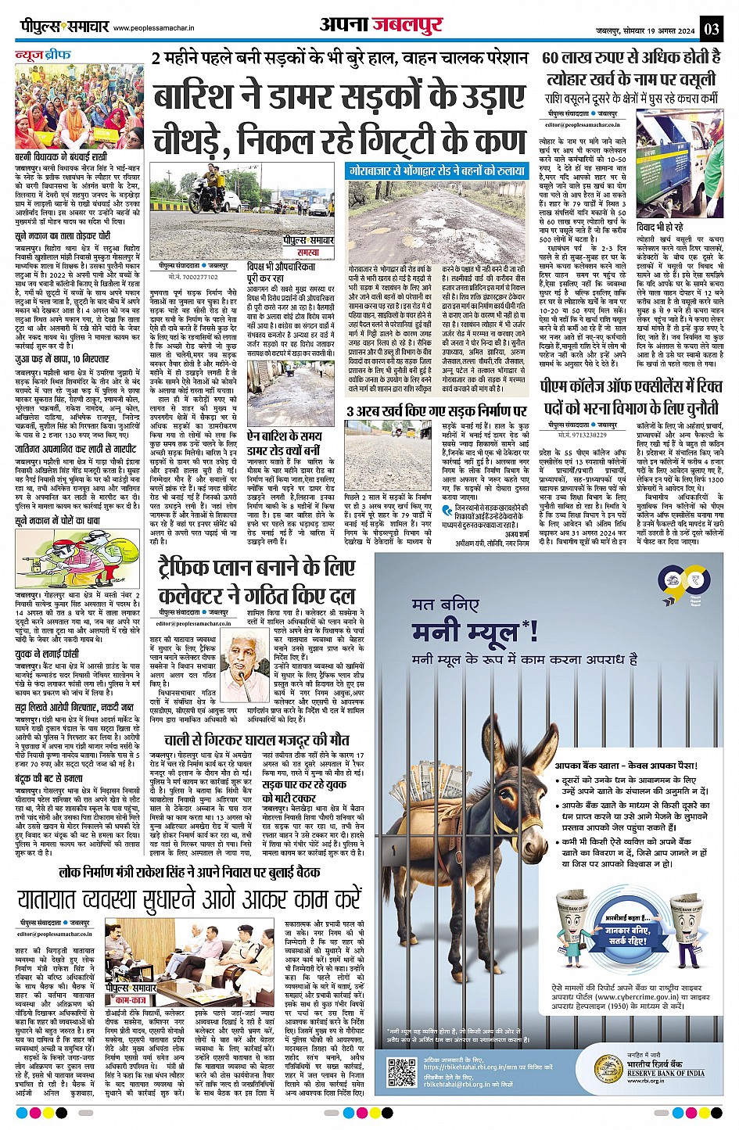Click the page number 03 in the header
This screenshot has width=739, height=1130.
pyautogui.click(x=711, y=29)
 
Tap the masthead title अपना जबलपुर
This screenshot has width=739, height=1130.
pyautogui.click(x=380, y=25)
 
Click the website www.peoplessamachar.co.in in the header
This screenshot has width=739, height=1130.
pyautogui.click(x=160, y=29)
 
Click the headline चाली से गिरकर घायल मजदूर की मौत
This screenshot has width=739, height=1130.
pyautogui.click(x=256, y=740)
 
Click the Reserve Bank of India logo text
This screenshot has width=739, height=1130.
pyautogui.click(x=665, y=1073)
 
